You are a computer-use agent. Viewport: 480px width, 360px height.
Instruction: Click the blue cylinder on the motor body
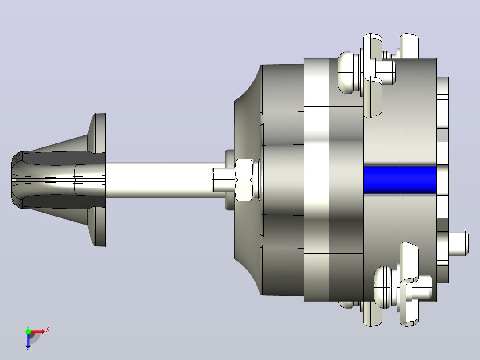pyautogui.click(x=400, y=180)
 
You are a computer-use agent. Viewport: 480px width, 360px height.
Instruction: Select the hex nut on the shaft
pyautogui.click(x=244, y=180)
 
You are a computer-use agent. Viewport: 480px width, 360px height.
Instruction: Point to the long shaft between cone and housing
pyautogui.click(x=165, y=180)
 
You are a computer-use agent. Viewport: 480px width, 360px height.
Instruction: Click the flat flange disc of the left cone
pyautogui.click(x=99, y=180)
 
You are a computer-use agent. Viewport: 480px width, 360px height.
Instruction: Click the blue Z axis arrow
pyautogui.click(x=28, y=340)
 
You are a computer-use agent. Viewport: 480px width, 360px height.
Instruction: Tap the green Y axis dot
pyautogui.click(x=28, y=331)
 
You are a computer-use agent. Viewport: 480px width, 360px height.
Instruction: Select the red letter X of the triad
pyautogui.click(x=48, y=330)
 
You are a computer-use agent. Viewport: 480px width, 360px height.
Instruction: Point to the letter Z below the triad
pyautogui.click(x=28, y=349)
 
